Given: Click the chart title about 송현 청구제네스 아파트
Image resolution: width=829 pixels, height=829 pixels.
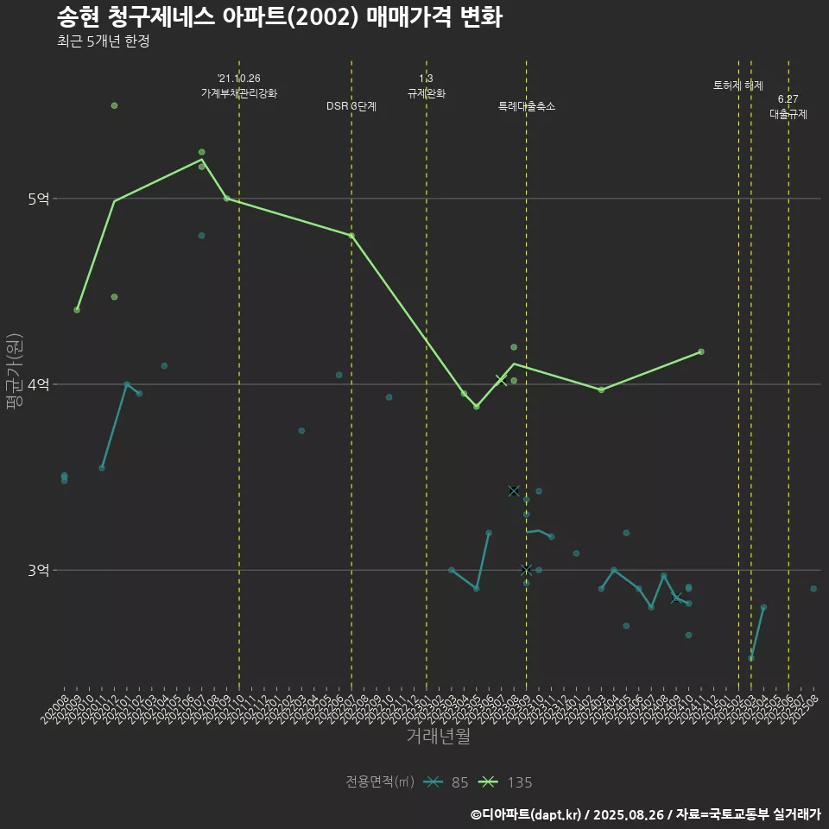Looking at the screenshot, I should click(279, 17).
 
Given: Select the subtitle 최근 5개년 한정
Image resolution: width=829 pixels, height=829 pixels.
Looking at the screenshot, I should click(103, 41).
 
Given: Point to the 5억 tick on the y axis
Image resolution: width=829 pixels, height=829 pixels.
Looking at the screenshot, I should click(38, 199).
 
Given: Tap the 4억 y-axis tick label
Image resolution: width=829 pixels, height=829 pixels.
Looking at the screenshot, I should click(38, 385).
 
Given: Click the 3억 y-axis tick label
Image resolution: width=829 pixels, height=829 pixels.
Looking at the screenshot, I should click(38, 571).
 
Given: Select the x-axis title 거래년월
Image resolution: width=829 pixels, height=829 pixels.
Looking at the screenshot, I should click(439, 737).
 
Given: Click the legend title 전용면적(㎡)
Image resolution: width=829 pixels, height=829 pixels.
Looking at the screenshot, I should click(380, 782).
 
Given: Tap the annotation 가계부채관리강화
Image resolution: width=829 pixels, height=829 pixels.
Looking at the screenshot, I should click(239, 92).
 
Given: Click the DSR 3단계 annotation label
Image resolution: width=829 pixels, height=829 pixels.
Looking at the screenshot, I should click(351, 106).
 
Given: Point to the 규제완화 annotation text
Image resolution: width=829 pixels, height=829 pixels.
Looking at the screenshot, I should click(427, 92).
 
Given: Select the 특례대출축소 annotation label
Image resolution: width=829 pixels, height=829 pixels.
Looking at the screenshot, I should click(527, 106).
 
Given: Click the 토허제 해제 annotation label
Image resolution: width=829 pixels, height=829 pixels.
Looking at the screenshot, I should click(738, 85).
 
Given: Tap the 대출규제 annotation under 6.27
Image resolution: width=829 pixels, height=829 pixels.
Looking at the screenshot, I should click(788, 114).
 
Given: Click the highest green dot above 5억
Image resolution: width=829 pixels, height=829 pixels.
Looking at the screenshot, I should click(114, 105).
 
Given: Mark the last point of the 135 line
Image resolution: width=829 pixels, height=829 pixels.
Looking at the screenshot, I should click(701, 351).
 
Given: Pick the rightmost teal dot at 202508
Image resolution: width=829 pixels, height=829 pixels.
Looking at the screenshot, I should click(813, 589).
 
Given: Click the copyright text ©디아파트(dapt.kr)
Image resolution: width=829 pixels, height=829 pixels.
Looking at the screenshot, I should click(527, 813).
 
